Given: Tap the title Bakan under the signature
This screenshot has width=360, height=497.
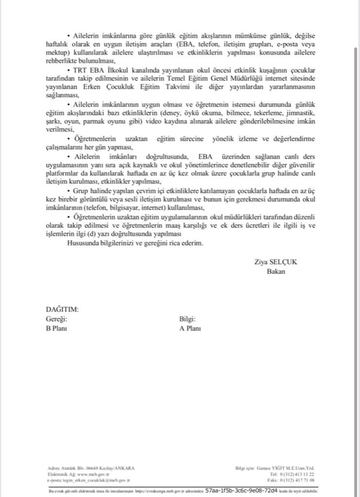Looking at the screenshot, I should coord(276,271).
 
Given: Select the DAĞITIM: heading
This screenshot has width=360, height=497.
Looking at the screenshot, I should coord(62,309).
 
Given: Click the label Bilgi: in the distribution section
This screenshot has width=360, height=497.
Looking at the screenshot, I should coord(187,319).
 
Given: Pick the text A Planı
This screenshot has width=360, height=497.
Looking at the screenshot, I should coord(190,328).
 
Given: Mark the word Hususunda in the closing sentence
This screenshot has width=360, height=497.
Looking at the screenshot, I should coord(85,243).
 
